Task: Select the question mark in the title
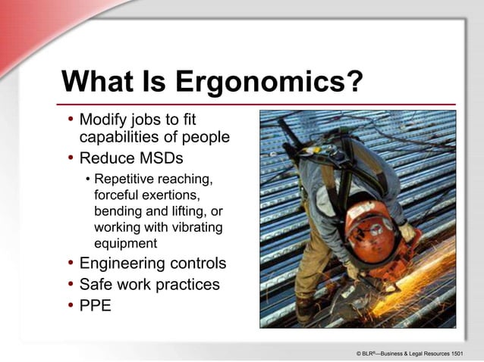[x=354, y=82]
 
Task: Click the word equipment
[x=125, y=244]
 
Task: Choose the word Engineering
[x=121, y=264]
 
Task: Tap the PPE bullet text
[x=96, y=307]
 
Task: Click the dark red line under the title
[x=258, y=104]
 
